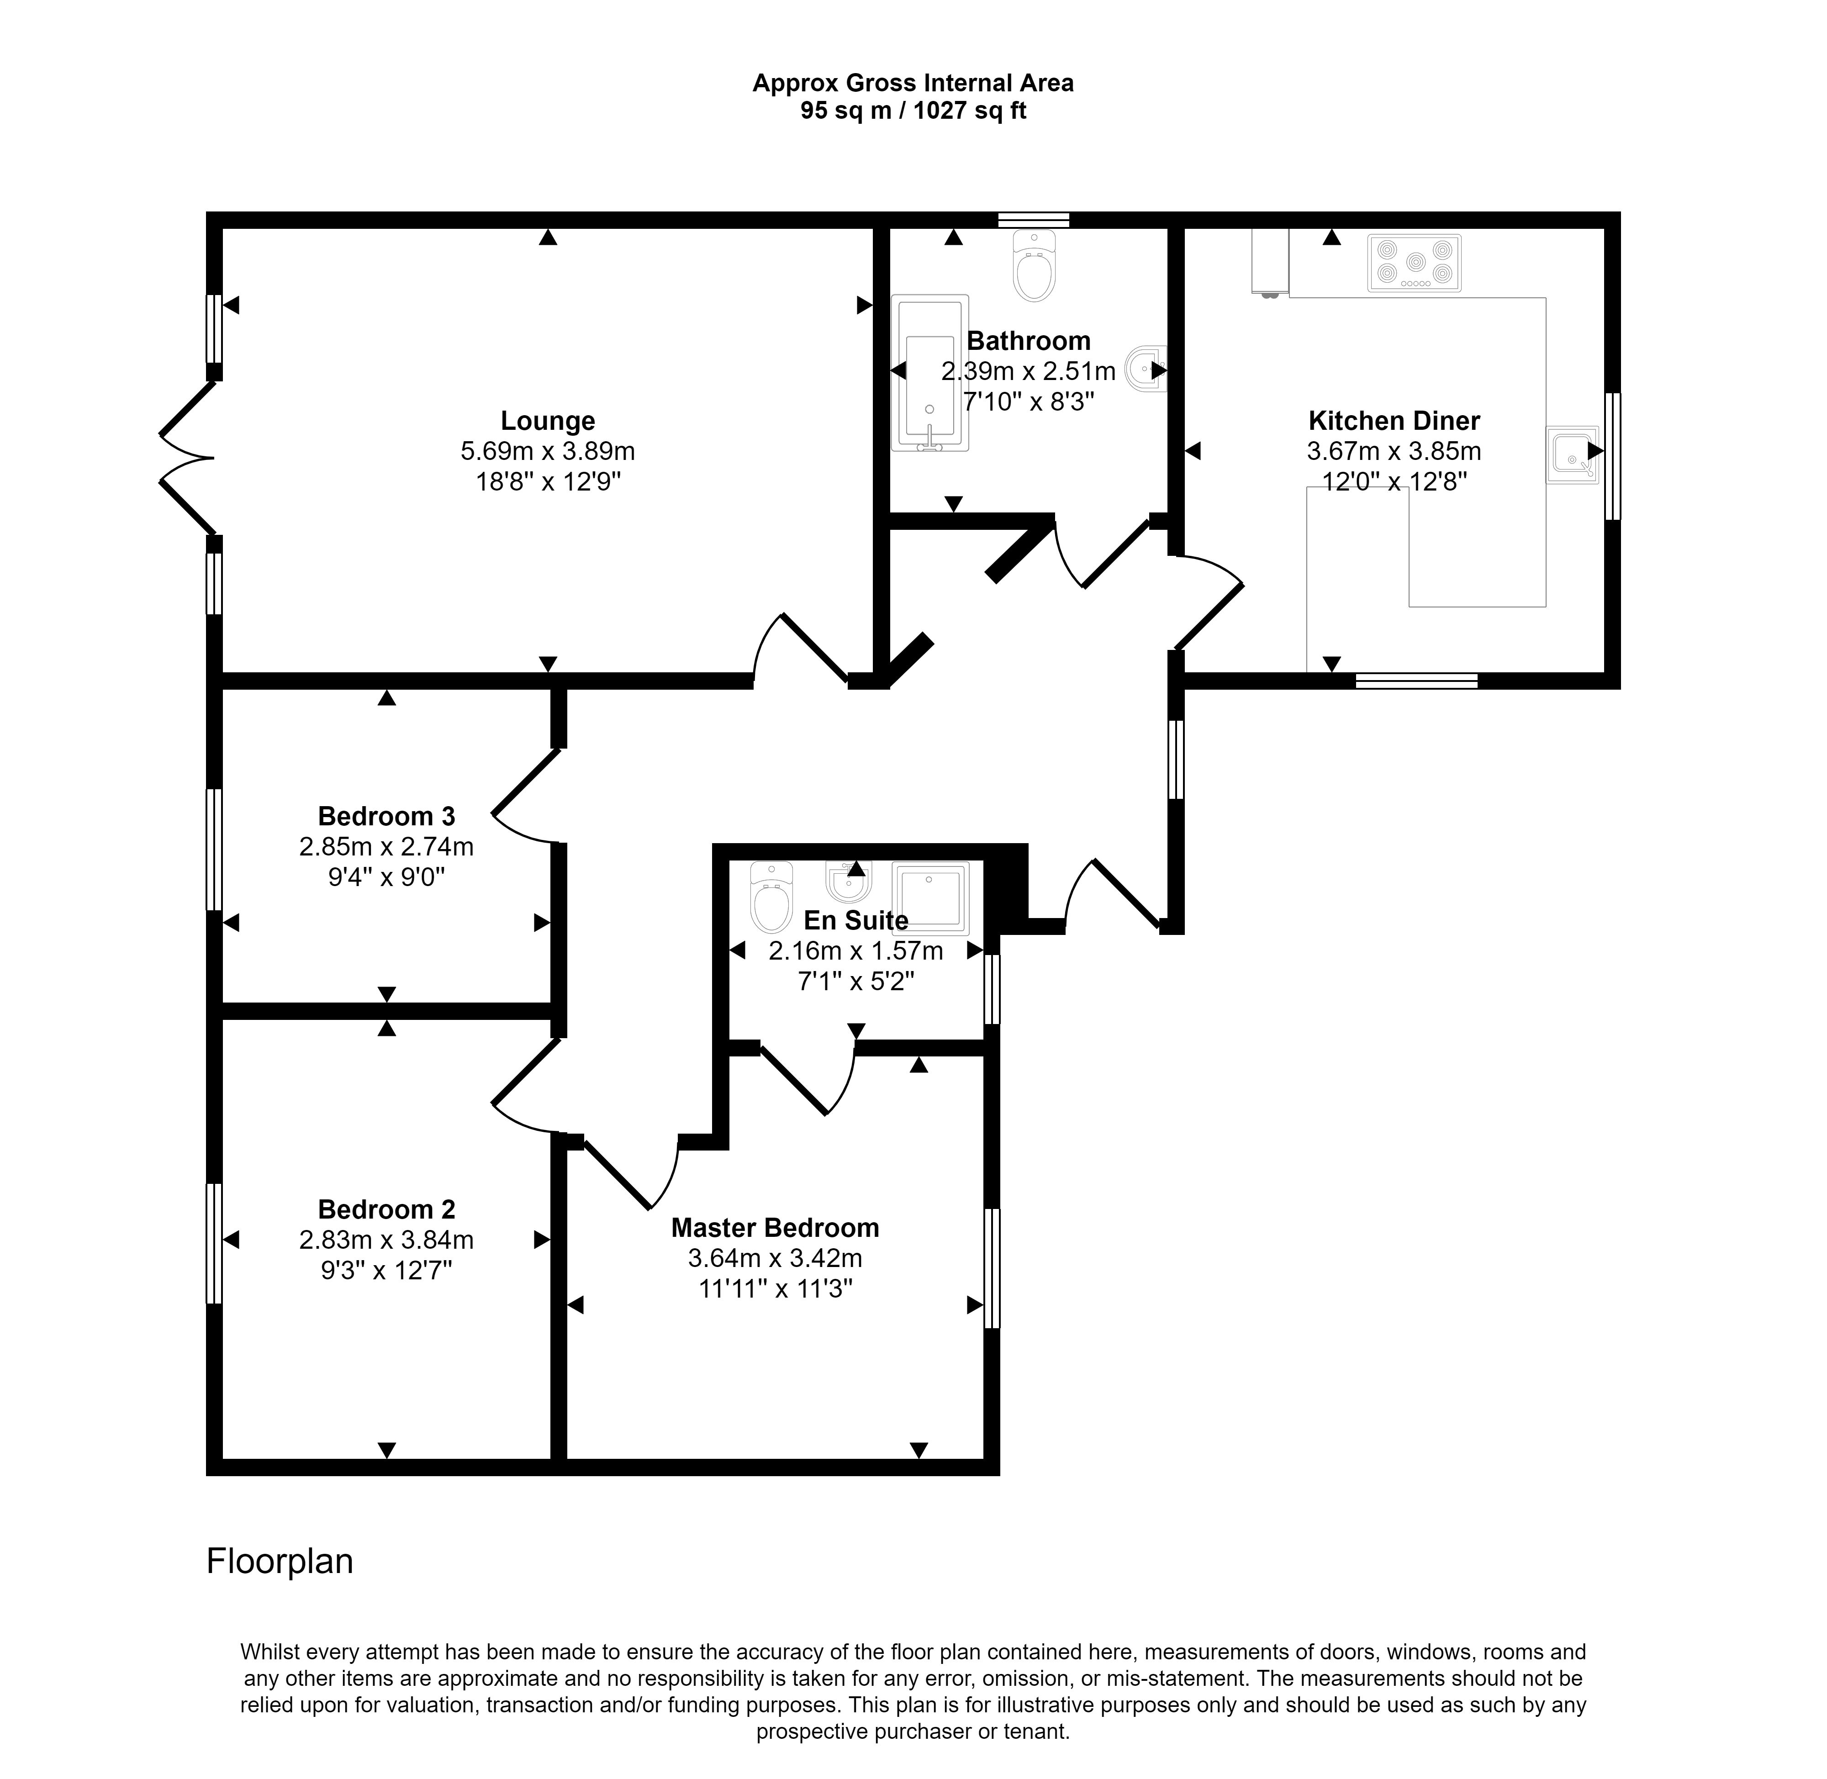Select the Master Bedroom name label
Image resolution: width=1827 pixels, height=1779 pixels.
pos(775,1228)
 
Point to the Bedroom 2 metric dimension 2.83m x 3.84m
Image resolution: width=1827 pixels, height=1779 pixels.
pos(386,1240)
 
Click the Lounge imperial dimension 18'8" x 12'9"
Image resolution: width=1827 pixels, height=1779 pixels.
pos(548,482)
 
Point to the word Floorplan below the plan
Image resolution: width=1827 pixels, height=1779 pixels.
pos(280,1561)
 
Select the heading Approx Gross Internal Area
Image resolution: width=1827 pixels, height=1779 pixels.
pos(913,83)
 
